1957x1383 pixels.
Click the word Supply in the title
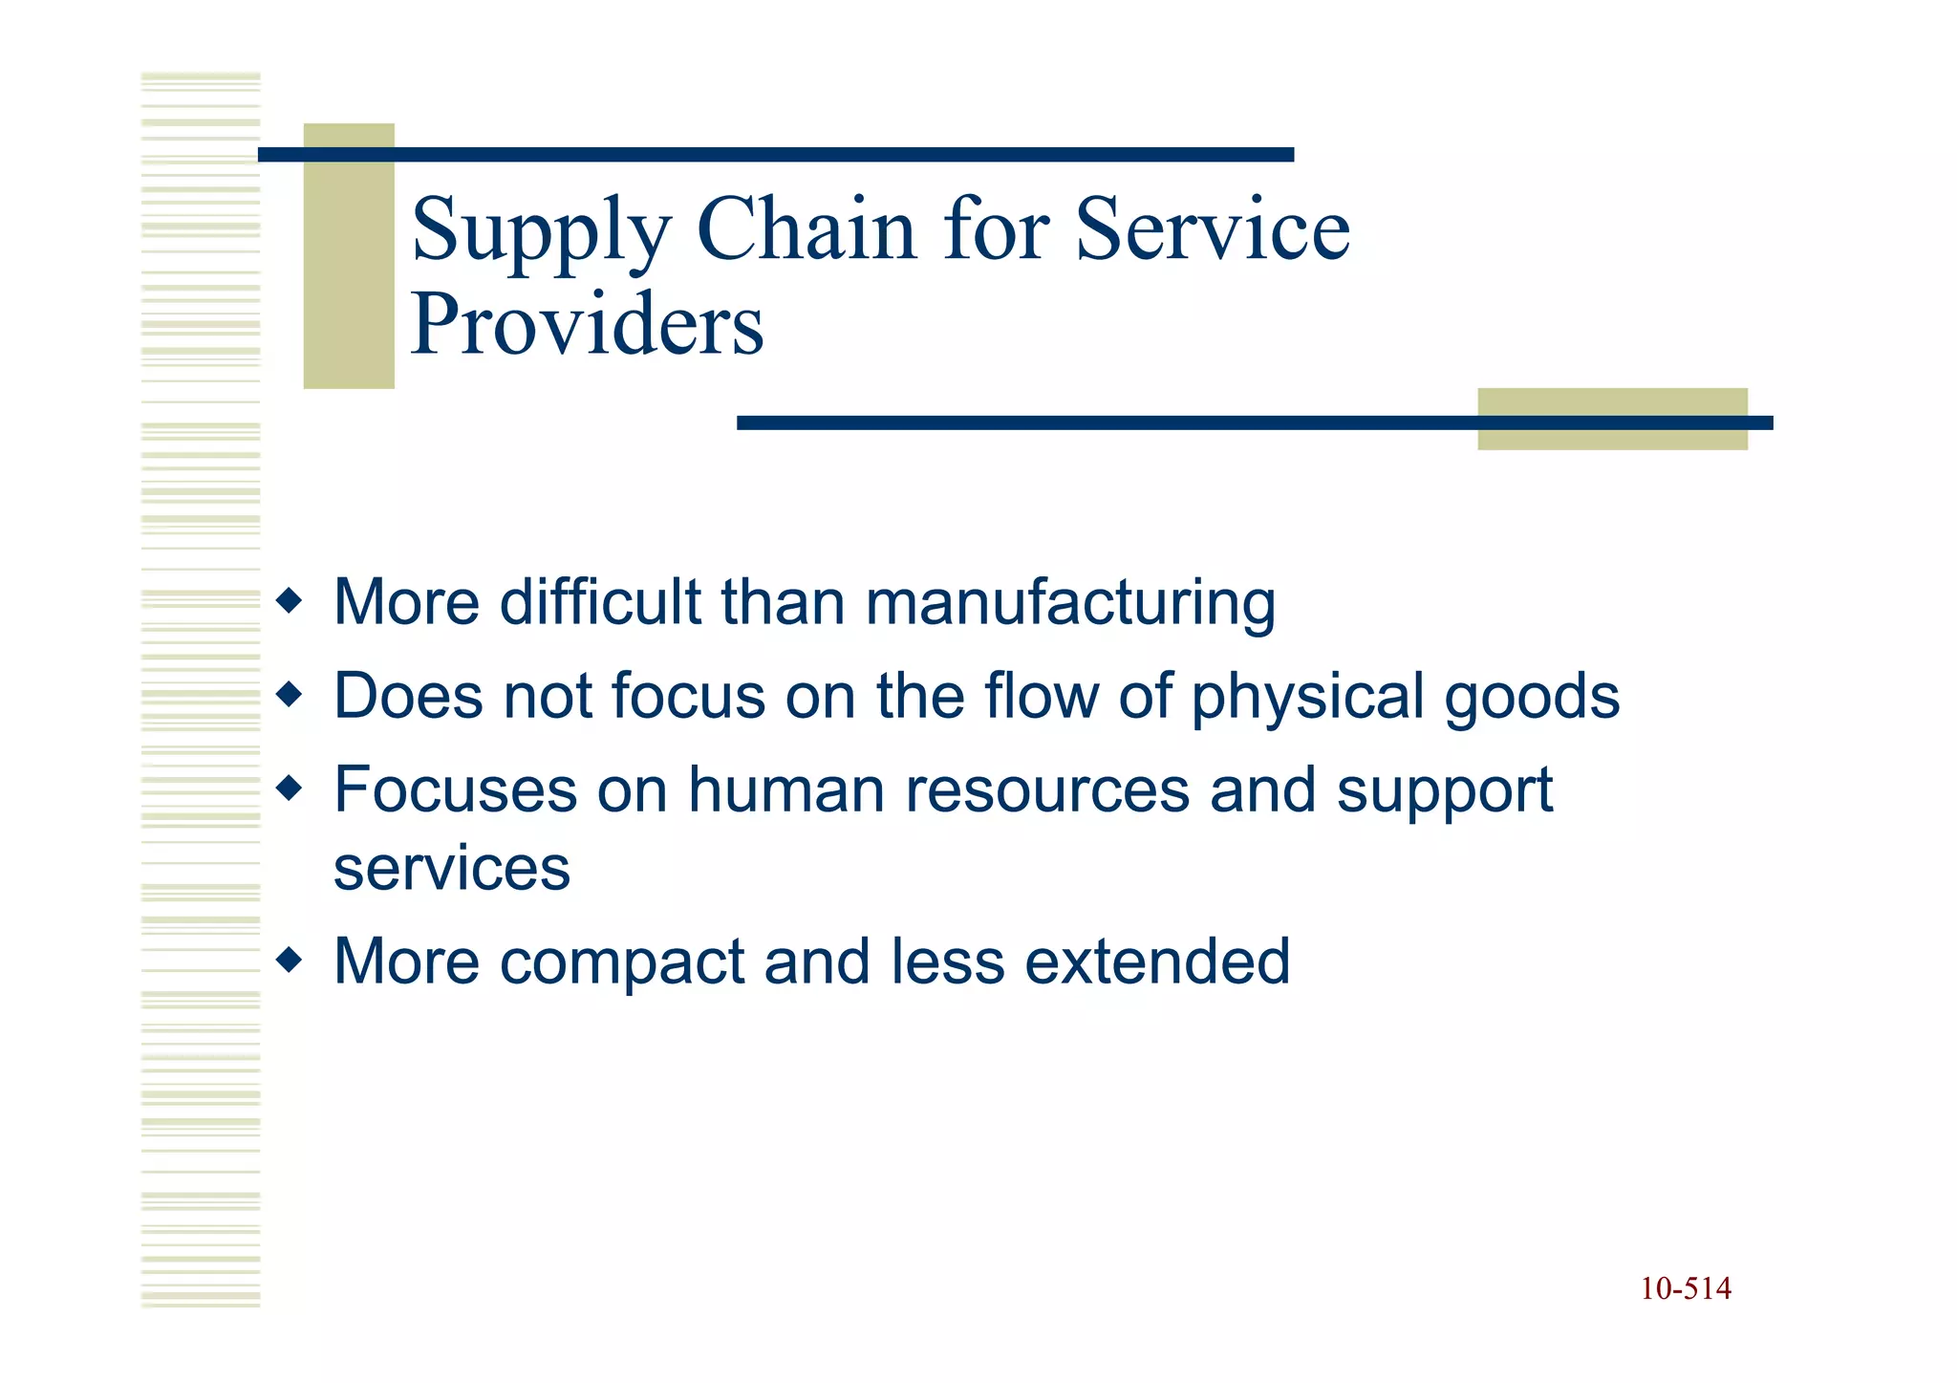tap(541, 231)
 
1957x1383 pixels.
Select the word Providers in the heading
tap(587, 325)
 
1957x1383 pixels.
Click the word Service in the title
tap(1213, 229)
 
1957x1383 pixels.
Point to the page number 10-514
tap(1686, 1289)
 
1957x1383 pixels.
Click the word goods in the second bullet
tap(1532, 697)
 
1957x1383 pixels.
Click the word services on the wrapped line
tap(451, 868)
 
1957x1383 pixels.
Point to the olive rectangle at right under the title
tap(1612, 419)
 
